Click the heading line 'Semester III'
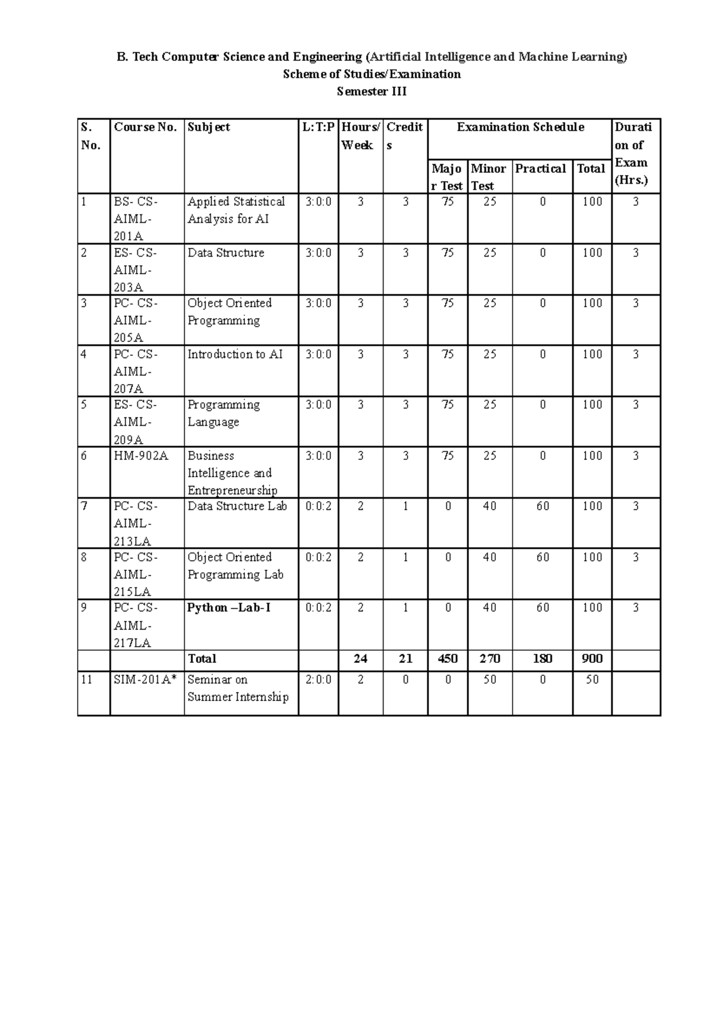[x=371, y=92]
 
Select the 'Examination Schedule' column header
[x=520, y=127]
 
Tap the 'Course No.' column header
[x=145, y=127]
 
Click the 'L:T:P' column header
[x=318, y=127]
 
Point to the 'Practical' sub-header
[x=541, y=169]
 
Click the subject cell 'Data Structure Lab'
[x=237, y=506]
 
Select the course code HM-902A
[x=141, y=456]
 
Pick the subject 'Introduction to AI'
[x=235, y=355]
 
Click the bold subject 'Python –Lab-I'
[x=229, y=608]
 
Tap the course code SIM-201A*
[x=145, y=680]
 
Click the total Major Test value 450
[x=448, y=659]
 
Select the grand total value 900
[x=592, y=659]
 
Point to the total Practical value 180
[x=542, y=659]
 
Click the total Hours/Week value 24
[x=360, y=659]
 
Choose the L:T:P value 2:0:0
[x=318, y=680]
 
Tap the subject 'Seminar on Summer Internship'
[x=238, y=688]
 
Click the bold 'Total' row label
[x=202, y=659]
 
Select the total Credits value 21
[x=405, y=659]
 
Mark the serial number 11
[x=87, y=680]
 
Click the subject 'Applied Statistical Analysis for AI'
[x=236, y=210]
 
